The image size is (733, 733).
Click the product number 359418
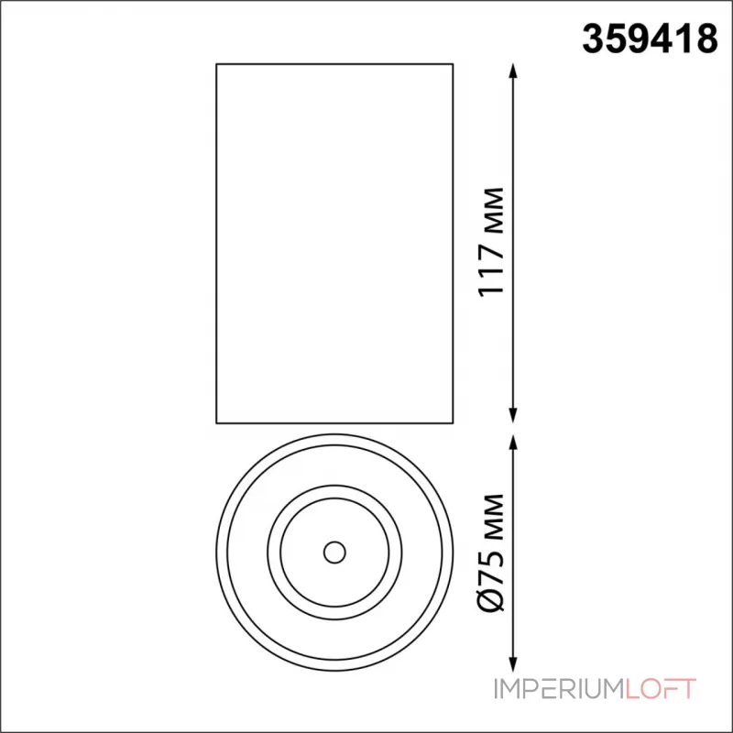650,39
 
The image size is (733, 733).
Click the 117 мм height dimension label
491,242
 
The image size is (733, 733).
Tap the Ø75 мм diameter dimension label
491,552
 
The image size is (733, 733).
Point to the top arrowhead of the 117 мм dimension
513,71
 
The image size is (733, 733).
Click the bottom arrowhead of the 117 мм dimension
513,416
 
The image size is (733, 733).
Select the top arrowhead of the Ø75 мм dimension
513,443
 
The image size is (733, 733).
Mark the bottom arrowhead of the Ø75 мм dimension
513,663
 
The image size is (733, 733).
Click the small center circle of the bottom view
334,552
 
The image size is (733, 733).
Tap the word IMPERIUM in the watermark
559,689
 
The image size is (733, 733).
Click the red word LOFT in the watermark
660,689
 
